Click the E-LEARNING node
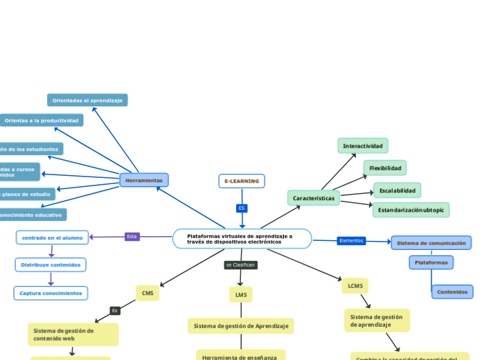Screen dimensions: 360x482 (242, 181)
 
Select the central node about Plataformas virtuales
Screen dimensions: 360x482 (242, 239)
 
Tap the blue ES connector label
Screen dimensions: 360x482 (242, 208)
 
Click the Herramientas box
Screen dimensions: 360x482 (144, 180)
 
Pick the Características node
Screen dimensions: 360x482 (314, 198)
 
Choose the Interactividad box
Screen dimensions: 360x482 (363, 146)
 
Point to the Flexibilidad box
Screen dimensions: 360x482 (385, 168)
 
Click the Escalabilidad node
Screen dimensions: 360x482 (398, 190)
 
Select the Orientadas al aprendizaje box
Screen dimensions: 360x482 (87, 100)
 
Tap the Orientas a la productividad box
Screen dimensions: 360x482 (42, 120)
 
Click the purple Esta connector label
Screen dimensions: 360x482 (132, 236)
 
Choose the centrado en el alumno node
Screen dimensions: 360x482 (53, 237)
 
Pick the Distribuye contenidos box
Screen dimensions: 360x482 (51, 264)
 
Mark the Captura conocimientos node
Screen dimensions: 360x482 (51, 293)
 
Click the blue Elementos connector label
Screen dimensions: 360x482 (351, 240)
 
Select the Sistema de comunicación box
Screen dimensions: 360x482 (431, 243)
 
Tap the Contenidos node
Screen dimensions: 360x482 (452, 291)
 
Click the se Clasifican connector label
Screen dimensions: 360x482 (240, 265)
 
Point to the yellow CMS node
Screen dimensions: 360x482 (148, 293)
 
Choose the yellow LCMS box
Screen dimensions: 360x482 (355, 285)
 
